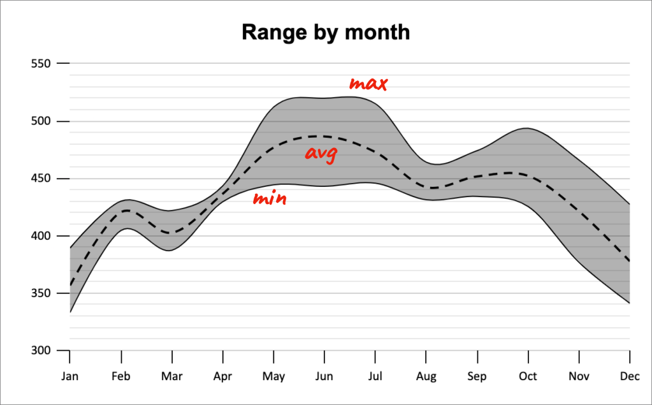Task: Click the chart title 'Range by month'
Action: [x=326, y=32]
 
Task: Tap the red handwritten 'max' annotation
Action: [x=368, y=84]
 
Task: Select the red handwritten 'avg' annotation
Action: [x=321, y=154]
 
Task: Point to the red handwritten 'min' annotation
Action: [x=270, y=199]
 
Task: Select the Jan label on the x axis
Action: [x=69, y=376]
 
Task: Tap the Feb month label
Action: [x=120, y=376]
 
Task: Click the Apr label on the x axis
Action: [x=222, y=376]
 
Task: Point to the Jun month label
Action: [x=324, y=376]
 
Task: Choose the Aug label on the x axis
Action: [x=426, y=376]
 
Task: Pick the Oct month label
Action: [x=528, y=376]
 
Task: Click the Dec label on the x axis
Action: [x=630, y=376]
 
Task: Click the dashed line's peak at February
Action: [x=127, y=210]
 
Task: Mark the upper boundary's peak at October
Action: [x=525, y=128]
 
